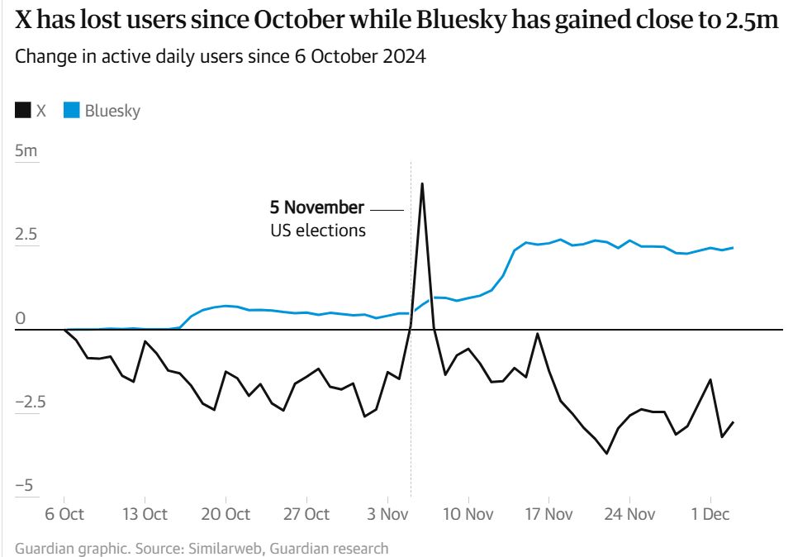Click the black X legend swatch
(23, 111)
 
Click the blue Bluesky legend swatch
(72, 111)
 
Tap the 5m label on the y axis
(26, 151)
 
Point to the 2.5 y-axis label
(26, 235)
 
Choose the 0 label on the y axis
(21, 318)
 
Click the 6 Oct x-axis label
(64, 514)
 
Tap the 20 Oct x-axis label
(226, 514)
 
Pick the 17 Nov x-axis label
(548, 514)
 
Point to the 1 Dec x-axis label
(710, 514)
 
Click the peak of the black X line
(422, 183)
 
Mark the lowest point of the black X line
(607, 453)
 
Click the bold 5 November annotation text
(316, 207)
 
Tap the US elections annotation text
(317, 231)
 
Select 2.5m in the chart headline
(751, 22)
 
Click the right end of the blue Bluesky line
(733, 248)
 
